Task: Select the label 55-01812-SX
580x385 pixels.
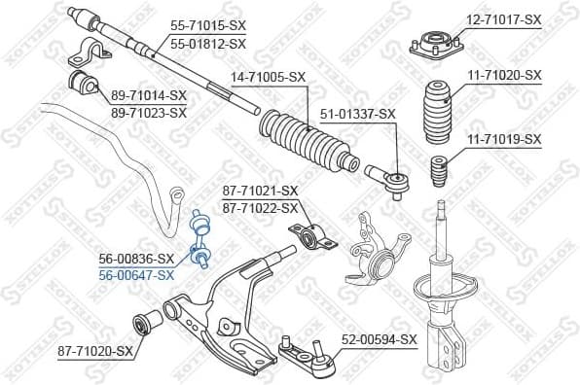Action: (207, 44)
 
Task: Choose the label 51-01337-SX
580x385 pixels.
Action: (357, 114)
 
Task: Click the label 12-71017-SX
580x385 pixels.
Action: (503, 19)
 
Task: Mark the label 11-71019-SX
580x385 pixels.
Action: (503, 139)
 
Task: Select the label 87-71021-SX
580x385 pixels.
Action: (260, 191)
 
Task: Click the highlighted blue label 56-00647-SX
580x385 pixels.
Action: (136, 275)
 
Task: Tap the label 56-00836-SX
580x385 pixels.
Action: (136, 259)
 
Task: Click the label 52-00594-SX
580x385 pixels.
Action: (379, 339)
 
